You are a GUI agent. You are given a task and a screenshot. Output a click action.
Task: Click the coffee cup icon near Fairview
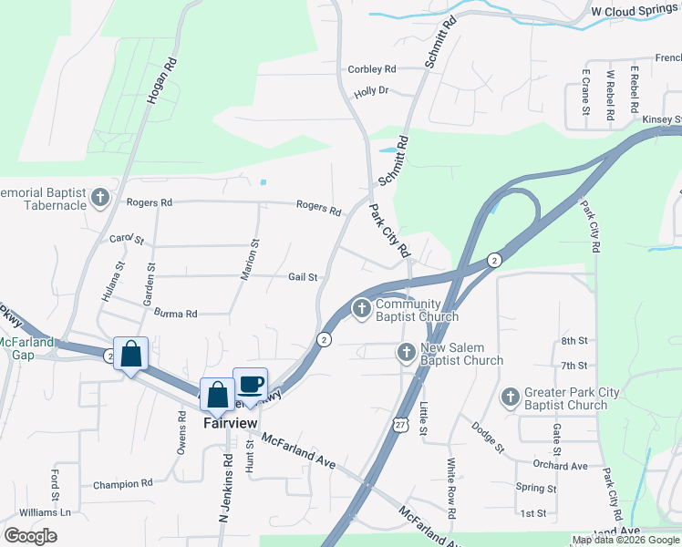(x=250, y=384)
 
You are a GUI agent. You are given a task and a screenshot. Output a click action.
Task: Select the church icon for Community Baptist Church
(x=362, y=310)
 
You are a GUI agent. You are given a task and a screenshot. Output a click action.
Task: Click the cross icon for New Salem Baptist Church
(x=407, y=352)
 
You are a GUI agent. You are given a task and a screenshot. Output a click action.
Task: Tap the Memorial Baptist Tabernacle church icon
(x=100, y=198)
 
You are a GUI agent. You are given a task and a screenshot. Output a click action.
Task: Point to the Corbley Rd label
(x=372, y=69)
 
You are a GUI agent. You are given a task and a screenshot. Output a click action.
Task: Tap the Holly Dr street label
(x=371, y=91)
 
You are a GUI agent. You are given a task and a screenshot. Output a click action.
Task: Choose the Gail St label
(x=302, y=277)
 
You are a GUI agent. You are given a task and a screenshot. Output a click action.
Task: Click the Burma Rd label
(x=176, y=314)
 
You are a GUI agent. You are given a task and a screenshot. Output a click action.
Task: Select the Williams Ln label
(x=46, y=512)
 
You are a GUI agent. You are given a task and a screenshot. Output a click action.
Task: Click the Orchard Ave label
(x=560, y=466)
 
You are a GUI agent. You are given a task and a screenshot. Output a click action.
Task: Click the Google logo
(x=30, y=536)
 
